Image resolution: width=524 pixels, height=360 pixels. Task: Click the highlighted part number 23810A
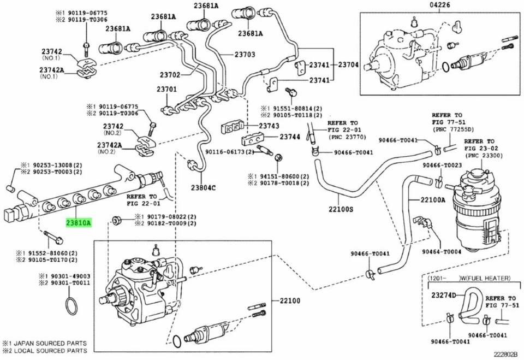(79, 223)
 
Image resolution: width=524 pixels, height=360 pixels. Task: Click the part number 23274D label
(444, 295)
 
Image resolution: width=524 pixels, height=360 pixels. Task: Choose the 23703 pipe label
(245, 54)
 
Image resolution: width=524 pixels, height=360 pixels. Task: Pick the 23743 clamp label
(269, 126)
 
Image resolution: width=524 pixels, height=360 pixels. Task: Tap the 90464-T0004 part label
(443, 251)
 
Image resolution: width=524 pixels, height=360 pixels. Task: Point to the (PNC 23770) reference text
(348, 137)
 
